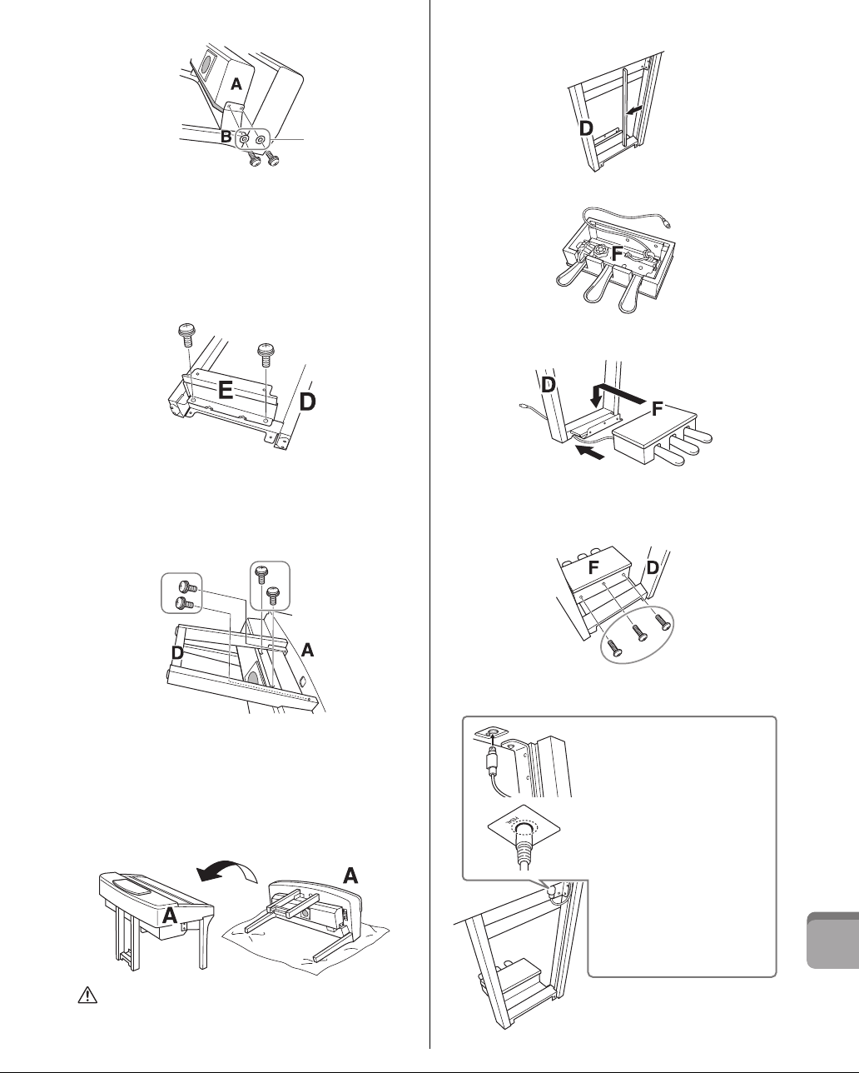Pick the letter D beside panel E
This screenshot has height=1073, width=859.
click(308, 402)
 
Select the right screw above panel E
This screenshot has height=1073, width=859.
click(267, 355)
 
